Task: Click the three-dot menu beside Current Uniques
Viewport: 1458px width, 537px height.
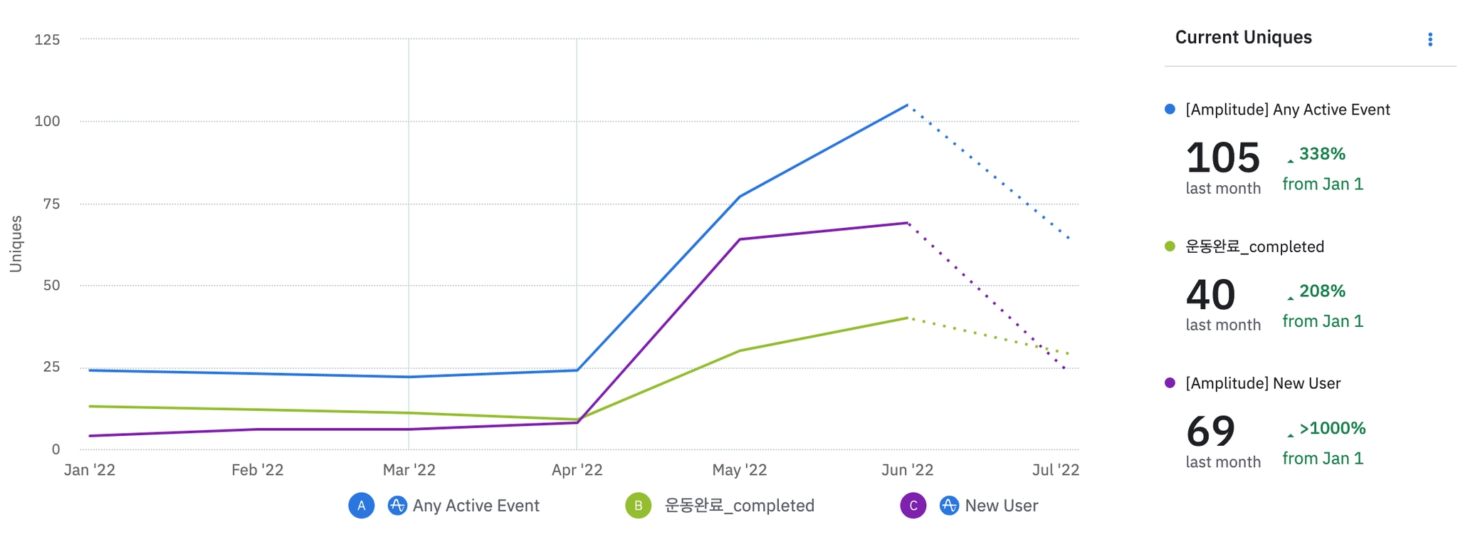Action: [x=1430, y=40]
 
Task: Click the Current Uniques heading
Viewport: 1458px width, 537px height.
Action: [x=1243, y=38]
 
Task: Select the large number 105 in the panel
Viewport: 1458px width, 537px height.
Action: [x=1222, y=157]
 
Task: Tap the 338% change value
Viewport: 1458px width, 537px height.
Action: [x=1321, y=154]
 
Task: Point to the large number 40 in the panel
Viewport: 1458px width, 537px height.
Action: [x=1210, y=295]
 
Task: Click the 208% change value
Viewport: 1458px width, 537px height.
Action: [x=1321, y=291]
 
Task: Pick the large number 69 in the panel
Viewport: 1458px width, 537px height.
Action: [x=1210, y=432]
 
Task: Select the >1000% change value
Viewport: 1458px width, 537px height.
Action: [x=1331, y=428]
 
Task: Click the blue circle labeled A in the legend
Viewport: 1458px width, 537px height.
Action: [x=361, y=506]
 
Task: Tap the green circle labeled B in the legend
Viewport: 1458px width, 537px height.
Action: [x=638, y=506]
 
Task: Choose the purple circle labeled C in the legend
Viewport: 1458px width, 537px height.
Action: [x=913, y=506]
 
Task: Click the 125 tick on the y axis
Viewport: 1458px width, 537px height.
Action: [x=48, y=40]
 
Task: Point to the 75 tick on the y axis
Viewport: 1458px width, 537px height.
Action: [x=51, y=204]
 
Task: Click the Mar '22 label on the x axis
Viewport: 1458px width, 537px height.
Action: [x=409, y=470]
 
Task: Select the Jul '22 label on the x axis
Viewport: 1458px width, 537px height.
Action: [x=1056, y=470]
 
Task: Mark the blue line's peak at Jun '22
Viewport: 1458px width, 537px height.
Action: [x=907, y=105]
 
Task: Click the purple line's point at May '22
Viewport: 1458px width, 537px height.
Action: [x=740, y=239]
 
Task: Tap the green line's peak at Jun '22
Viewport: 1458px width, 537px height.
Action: [x=907, y=318]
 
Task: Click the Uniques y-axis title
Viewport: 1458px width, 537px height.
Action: [x=16, y=244]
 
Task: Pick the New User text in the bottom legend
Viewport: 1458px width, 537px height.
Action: [x=1001, y=506]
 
